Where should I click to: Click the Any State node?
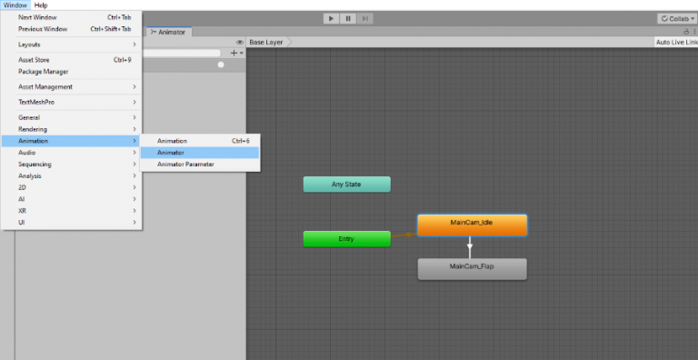click(x=346, y=185)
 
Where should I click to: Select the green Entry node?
click(x=346, y=239)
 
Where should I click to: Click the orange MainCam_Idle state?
click(x=472, y=224)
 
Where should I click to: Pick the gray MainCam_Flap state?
click(x=472, y=268)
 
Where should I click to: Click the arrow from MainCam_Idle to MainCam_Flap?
click(x=470, y=246)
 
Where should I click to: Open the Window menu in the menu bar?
click(x=15, y=5)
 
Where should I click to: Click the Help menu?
click(x=41, y=5)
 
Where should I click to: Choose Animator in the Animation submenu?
click(x=171, y=153)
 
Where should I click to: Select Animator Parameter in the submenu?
click(x=185, y=165)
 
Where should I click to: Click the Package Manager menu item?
click(x=43, y=72)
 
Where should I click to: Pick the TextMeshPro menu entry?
click(x=36, y=102)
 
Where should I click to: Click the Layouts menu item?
click(x=29, y=45)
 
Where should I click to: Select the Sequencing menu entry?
click(x=35, y=165)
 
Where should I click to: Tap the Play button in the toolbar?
click(x=330, y=18)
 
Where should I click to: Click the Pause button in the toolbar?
click(x=347, y=18)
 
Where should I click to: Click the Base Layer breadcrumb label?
click(x=266, y=42)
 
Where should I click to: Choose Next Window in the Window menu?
click(x=38, y=17)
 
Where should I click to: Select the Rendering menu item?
click(x=33, y=129)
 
